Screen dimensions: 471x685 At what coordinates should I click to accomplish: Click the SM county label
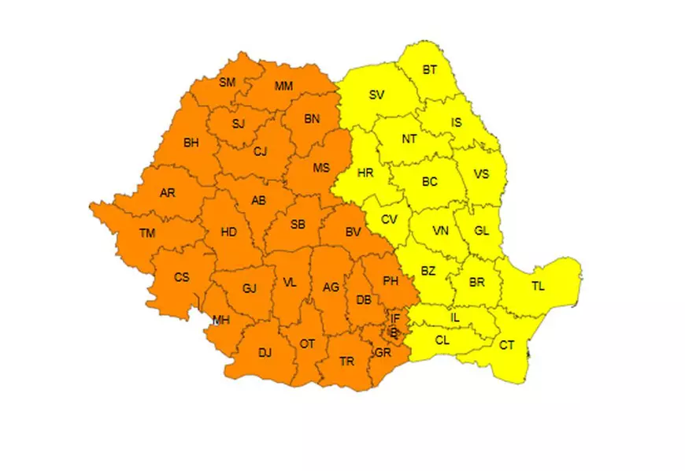tap(228, 83)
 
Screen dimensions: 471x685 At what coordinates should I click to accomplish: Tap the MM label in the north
tap(284, 85)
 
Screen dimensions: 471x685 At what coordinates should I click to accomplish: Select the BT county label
tap(429, 70)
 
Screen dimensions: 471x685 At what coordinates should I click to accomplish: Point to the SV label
tap(376, 95)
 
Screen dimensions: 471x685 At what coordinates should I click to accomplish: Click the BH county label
tap(191, 143)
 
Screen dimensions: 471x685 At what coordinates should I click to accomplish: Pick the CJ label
tap(261, 152)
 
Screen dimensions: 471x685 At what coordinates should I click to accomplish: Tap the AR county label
tap(168, 192)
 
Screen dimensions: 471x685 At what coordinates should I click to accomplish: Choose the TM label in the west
tap(147, 232)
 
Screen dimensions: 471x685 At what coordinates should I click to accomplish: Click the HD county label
tap(228, 232)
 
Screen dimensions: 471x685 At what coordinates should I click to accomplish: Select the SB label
tap(298, 224)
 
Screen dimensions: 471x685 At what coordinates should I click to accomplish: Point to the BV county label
tap(353, 232)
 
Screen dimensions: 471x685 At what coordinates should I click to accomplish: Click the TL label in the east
tap(538, 286)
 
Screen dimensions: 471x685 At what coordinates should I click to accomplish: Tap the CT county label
tap(507, 345)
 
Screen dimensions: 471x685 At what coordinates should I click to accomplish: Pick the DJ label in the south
tap(265, 353)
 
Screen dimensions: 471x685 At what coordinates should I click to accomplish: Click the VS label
tap(481, 174)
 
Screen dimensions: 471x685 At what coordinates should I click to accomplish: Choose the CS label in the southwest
tap(182, 276)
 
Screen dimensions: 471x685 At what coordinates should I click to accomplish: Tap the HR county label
tap(365, 173)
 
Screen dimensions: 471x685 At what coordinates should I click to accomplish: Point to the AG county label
tap(331, 287)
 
